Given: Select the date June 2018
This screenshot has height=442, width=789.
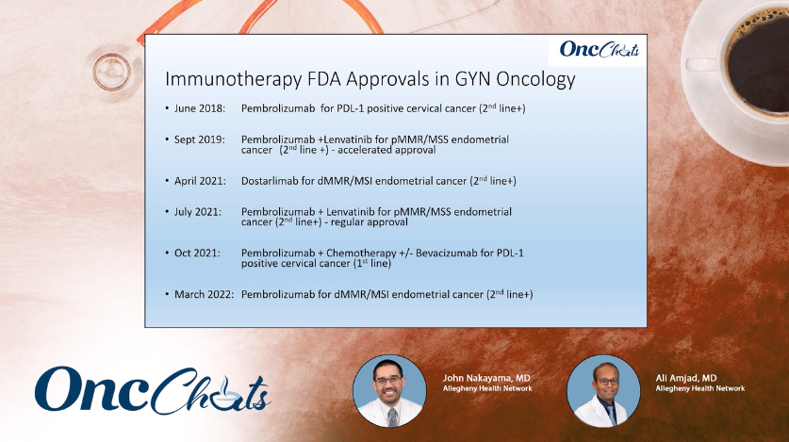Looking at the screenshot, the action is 200,108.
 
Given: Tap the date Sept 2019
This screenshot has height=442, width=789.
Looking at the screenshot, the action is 199,139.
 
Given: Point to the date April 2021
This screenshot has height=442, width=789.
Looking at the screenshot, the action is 200,181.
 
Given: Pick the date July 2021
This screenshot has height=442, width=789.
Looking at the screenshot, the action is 198,212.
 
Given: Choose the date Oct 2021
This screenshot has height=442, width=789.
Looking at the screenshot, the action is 197,253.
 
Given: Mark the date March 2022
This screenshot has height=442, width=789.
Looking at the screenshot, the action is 205,294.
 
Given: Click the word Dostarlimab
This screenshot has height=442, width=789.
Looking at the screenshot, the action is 270,181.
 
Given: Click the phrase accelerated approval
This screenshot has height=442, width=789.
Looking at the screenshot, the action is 386,150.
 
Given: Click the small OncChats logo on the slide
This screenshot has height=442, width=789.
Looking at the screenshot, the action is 599,49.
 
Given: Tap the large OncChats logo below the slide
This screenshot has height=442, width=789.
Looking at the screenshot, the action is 153,390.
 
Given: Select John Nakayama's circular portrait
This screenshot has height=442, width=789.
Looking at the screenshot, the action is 389,391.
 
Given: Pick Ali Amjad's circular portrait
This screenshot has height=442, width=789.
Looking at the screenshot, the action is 603,391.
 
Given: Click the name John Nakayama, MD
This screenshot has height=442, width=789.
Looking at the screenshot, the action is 486,378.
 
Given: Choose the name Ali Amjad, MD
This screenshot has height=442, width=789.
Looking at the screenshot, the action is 686,378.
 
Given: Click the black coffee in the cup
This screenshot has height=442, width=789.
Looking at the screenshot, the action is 760,60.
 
